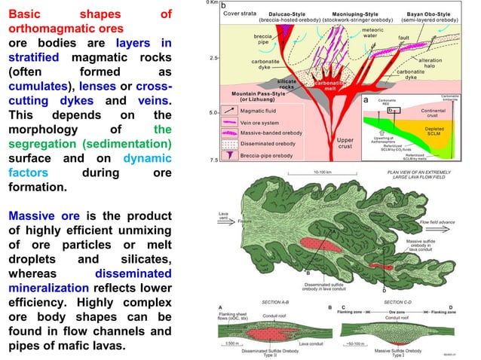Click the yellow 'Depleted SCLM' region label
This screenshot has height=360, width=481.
(x=447, y=130)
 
